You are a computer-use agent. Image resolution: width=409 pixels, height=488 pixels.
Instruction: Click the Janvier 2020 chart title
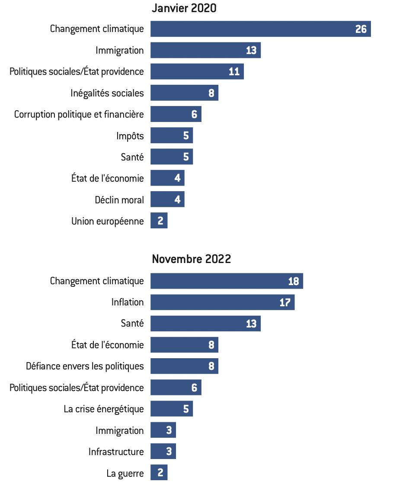[184, 8]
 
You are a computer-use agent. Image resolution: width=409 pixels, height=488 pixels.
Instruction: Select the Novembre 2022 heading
[192, 259]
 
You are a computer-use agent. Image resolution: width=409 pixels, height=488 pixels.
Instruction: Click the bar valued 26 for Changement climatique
[260, 29]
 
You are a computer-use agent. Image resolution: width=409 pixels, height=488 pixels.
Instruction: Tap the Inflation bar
[222, 302]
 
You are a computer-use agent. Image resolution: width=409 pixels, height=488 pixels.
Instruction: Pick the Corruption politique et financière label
[79, 115]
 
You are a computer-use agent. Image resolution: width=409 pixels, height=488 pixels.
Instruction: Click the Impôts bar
[172, 135]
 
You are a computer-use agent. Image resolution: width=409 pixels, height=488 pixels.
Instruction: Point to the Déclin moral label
[119, 200]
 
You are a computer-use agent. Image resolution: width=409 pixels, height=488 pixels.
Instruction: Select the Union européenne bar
[159, 221]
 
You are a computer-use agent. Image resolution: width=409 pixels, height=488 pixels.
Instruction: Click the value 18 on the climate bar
[294, 281]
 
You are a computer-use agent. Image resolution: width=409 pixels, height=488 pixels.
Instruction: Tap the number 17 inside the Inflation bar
[285, 302]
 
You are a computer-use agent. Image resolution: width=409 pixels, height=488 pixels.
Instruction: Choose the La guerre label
[125, 473]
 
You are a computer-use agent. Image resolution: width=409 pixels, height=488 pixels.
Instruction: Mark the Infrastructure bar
[163, 452]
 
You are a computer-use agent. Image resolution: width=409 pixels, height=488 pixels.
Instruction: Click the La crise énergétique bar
[172, 409]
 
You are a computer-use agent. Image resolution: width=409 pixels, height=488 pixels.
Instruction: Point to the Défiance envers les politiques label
[85, 366]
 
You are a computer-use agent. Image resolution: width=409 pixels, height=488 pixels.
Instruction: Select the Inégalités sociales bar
[184, 93]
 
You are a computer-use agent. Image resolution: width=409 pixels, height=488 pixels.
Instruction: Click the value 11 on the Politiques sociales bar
[234, 72]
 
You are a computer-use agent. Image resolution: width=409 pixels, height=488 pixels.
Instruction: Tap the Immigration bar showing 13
[205, 50]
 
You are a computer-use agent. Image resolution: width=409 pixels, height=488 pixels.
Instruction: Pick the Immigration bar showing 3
[163, 430]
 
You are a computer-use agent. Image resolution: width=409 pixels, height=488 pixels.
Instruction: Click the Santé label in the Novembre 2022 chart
[132, 323]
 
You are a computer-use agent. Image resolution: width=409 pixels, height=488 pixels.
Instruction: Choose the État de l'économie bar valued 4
[167, 178]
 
